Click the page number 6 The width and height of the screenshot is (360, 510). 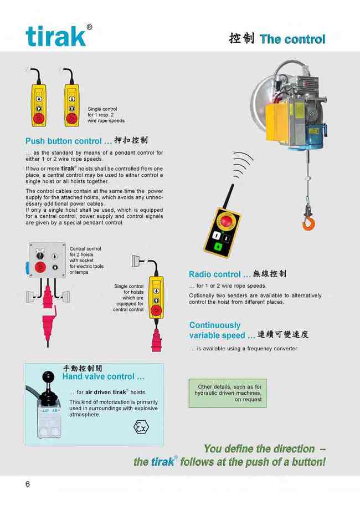[28, 484]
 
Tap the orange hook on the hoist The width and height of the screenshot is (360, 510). [308, 223]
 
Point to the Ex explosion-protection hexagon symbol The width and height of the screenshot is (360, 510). [141, 427]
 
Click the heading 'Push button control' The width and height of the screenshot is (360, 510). [64, 141]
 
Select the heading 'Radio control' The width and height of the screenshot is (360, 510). [215, 274]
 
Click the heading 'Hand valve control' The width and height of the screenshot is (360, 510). [99, 376]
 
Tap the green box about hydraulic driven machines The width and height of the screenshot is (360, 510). [228, 393]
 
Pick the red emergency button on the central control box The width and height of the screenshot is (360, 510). [40, 267]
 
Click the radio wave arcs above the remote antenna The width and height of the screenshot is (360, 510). [242, 165]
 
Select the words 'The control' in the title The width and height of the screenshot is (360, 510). [292, 39]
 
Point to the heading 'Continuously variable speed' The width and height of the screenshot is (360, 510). [217, 330]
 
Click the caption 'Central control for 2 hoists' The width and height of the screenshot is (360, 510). [85, 252]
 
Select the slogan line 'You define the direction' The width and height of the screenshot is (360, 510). [259, 449]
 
